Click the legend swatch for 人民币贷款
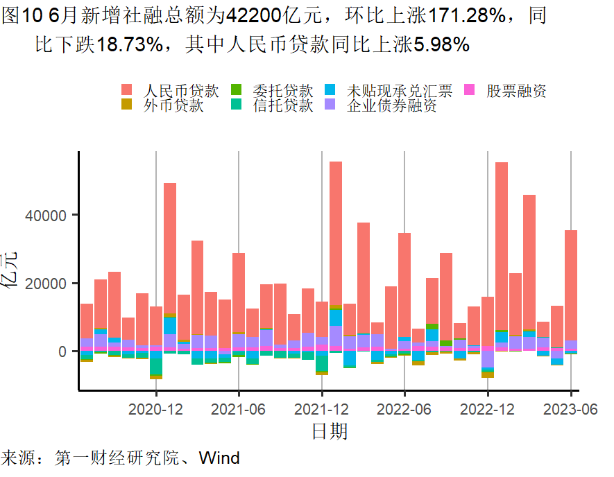point(127,90)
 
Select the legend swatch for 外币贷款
point(127,105)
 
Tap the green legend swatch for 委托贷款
point(237,90)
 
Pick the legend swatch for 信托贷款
point(237,105)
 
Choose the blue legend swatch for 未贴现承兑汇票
point(331,90)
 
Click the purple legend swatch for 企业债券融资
point(331,105)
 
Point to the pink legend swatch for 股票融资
point(470,90)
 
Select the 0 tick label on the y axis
point(63,352)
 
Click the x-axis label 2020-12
point(155,409)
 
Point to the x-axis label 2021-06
point(239,409)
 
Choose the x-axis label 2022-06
point(404,409)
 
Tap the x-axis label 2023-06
point(570,409)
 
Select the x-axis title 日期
point(329,432)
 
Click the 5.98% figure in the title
point(442,45)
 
